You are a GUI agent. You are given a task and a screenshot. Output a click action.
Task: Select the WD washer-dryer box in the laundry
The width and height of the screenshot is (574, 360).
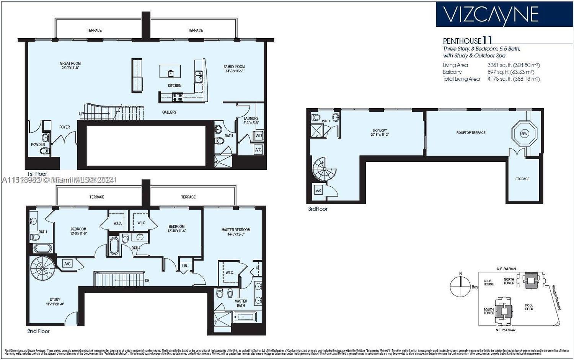click(258, 136)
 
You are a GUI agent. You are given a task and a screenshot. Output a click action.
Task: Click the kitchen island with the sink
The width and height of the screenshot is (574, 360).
click(170, 71)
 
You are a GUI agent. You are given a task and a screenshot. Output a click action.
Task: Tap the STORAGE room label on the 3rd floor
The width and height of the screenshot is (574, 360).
click(522, 179)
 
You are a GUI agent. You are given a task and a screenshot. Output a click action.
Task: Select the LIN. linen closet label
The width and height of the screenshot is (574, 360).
click(185, 266)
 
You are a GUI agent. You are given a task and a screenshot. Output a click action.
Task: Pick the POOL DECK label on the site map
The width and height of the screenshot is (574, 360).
click(529, 307)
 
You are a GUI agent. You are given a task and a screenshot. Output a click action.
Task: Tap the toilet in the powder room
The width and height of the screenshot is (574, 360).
click(44, 151)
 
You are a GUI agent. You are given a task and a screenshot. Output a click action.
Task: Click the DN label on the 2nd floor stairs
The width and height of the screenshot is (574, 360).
click(147, 280)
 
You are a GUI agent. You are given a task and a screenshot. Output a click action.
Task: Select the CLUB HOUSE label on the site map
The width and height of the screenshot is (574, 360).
click(488, 282)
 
